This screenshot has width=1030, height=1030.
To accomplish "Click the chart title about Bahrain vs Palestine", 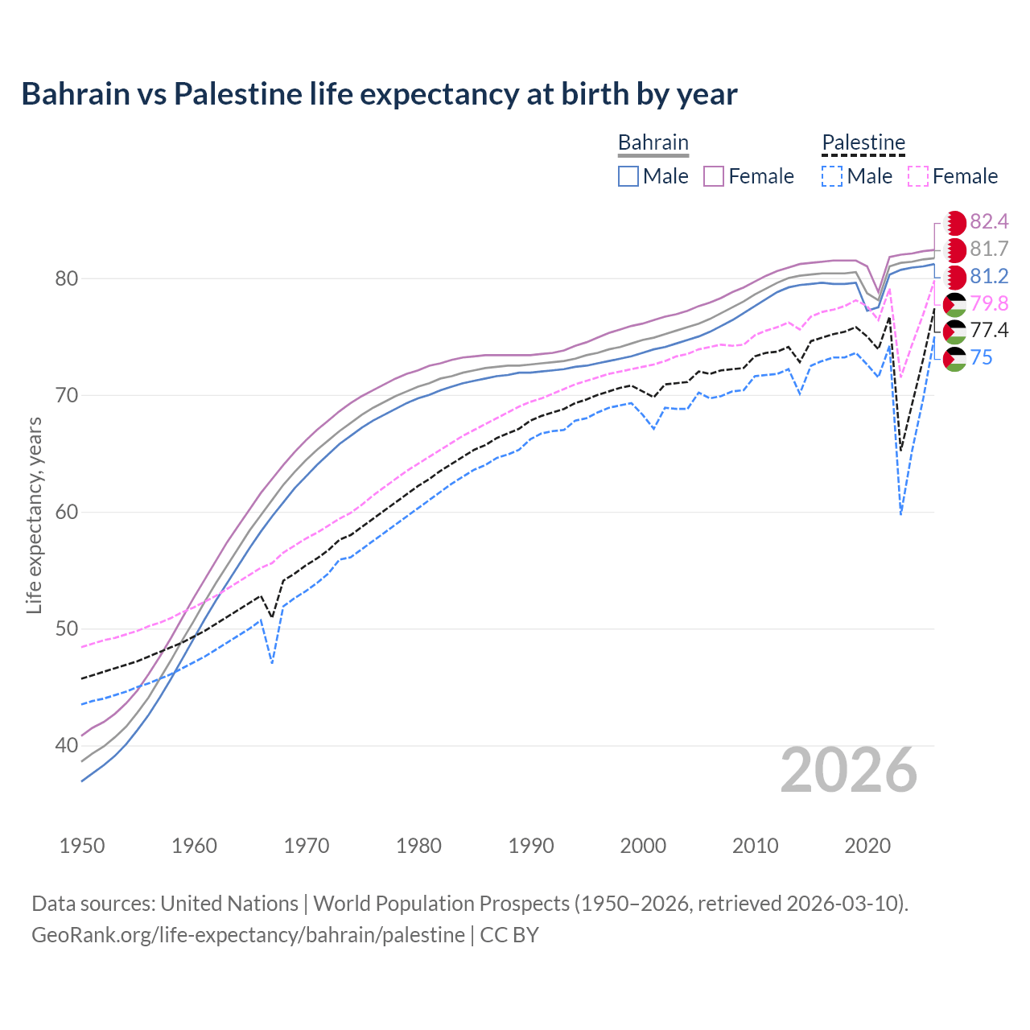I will [379, 94].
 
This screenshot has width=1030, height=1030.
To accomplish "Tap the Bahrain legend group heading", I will [653, 142].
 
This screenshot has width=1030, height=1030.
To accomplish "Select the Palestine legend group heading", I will [863, 142].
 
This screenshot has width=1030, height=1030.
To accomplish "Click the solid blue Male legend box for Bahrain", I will [628, 176].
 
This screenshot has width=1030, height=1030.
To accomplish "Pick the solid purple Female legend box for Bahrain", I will [714, 176].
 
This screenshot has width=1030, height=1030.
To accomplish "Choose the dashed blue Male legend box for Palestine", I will [832, 176].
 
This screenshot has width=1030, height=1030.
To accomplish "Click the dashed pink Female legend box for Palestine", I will [918, 176].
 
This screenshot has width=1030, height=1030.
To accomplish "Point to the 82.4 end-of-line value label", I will [989, 221].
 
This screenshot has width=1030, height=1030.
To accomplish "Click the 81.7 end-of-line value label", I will [989, 249].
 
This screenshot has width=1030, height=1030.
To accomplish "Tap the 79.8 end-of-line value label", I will [989, 303].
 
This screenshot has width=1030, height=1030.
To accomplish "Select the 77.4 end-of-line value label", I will [989, 330].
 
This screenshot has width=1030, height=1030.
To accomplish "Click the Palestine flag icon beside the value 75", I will [954, 358].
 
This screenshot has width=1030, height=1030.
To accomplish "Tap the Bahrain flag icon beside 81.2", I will [954, 277].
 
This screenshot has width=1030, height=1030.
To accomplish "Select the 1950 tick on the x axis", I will [82, 846].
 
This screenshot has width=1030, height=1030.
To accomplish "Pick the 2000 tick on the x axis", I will [643, 846].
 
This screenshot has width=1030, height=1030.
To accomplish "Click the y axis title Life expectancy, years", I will [34, 515].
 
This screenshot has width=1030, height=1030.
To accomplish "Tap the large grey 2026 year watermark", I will [848, 770].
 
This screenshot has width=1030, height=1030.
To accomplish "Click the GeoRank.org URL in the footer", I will [248, 935].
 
